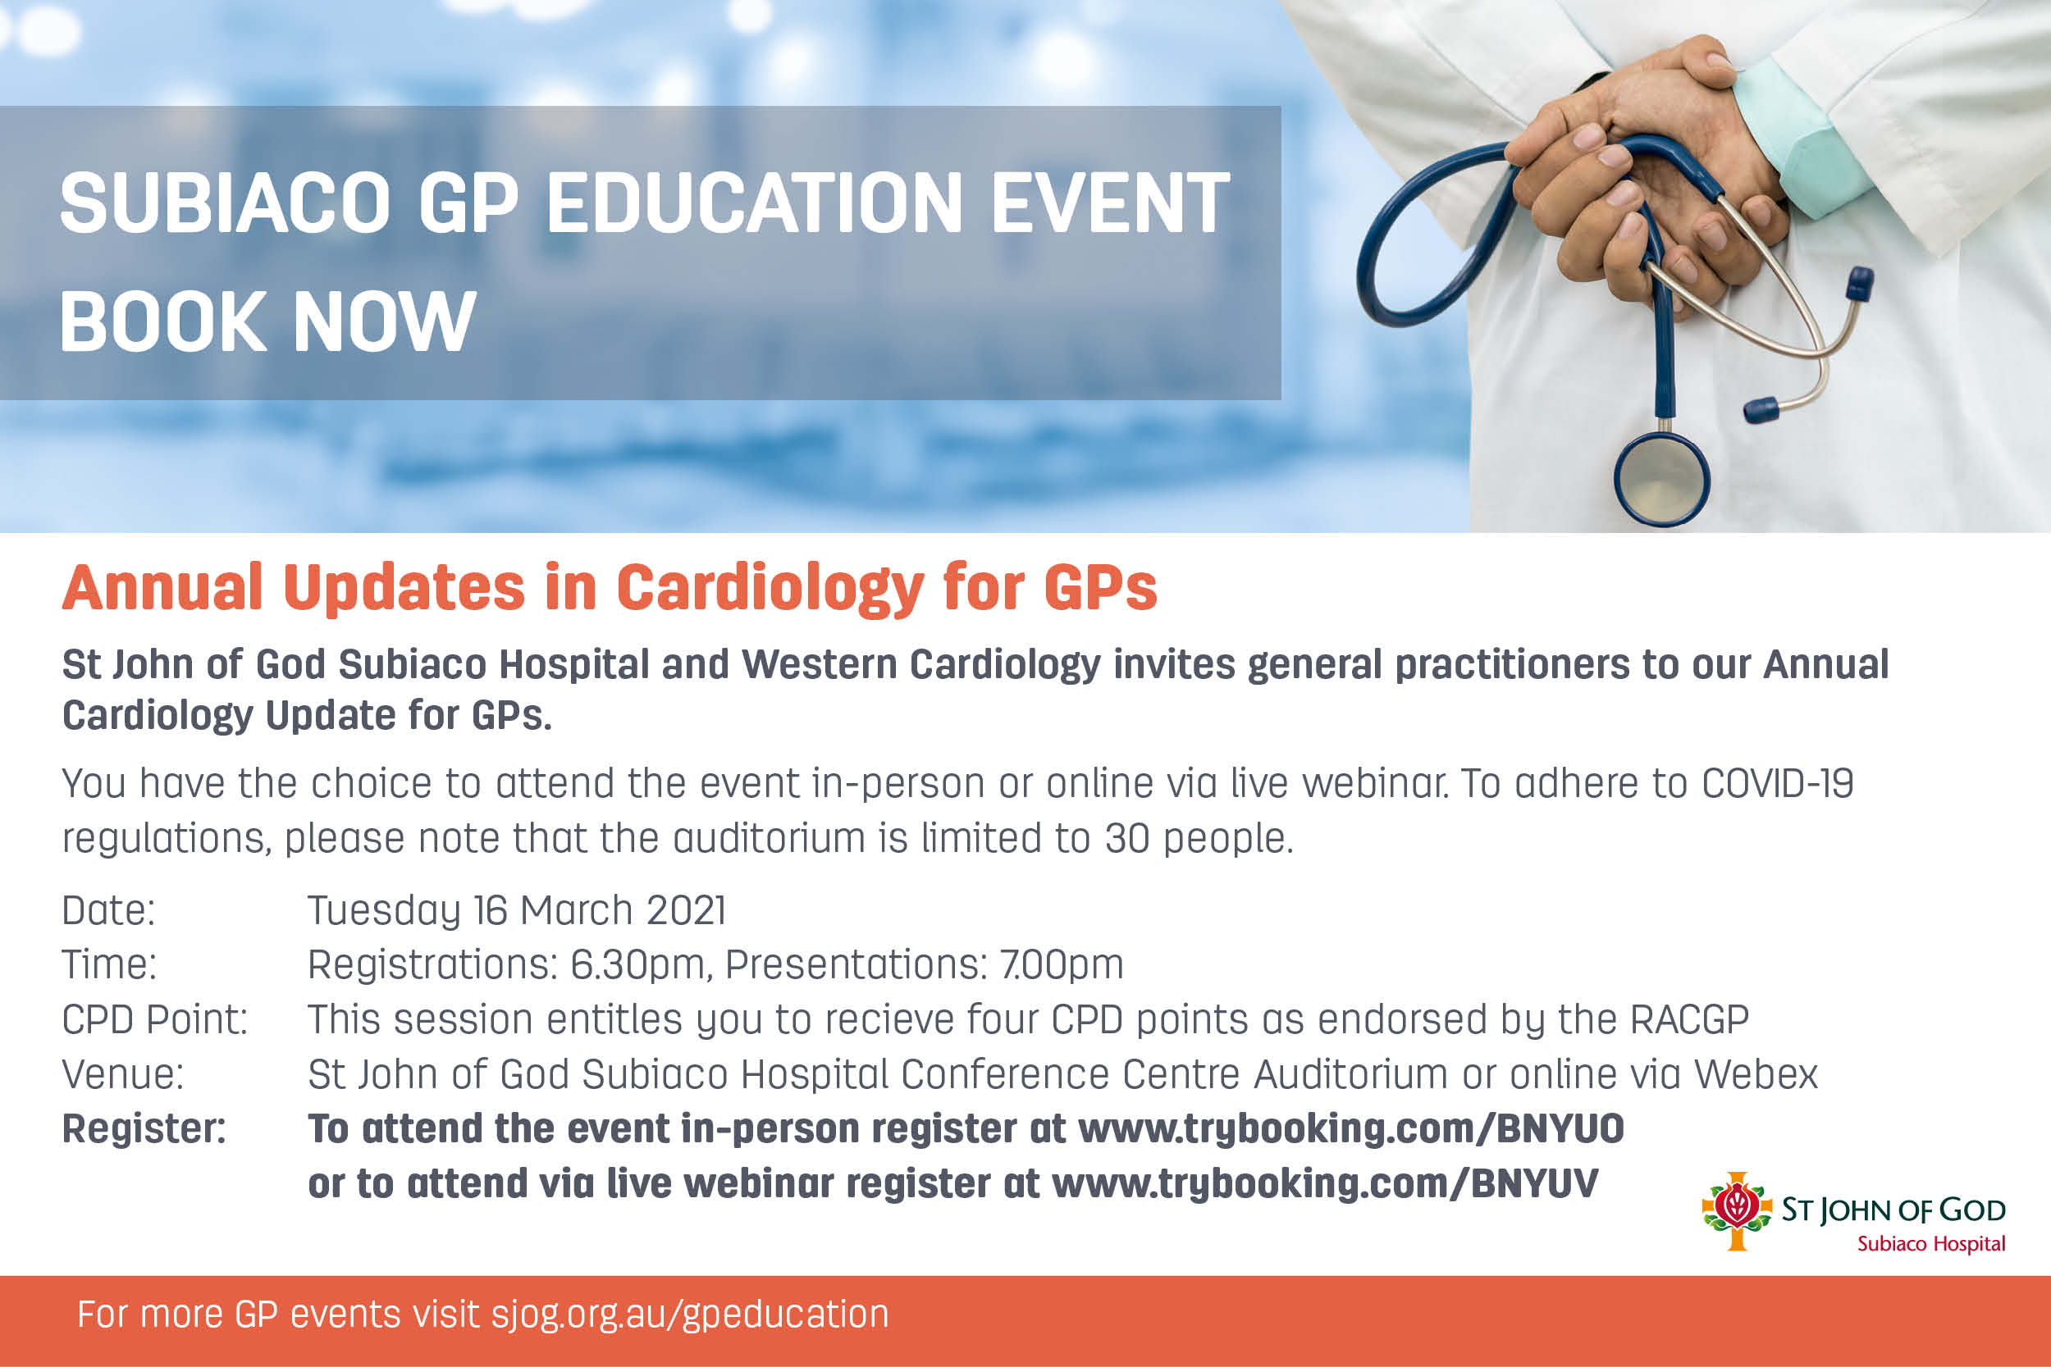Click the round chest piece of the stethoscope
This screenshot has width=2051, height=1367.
[x=1661, y=479]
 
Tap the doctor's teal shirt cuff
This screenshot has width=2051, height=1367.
[x=1797, y=130]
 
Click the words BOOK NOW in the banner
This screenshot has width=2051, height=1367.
[x=267, y=321]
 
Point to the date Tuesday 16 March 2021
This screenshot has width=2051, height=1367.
[x=516, y=911]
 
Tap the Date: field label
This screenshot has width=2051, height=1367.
[x=108, y=911]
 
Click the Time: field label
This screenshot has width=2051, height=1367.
[x=109, y=965]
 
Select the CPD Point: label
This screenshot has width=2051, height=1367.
[x=155, y=1020]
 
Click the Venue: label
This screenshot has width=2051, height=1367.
[x=123, y=1074]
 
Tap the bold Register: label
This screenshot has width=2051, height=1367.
[x=144, y=1129]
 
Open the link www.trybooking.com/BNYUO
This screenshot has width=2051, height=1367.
[x=1350, y=1129]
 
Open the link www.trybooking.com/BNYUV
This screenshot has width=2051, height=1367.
[x=1325, y=1184]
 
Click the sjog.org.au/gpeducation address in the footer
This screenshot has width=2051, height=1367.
[x=690, y=1315]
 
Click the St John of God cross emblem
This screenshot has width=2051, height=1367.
[x=1737, y=1211]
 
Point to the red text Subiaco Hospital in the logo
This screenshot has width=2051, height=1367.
[x=1931, y=1244]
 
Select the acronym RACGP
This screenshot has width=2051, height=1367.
[x=1690, y=1020]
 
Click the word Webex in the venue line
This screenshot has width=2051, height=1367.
[x=1756, y=1074]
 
